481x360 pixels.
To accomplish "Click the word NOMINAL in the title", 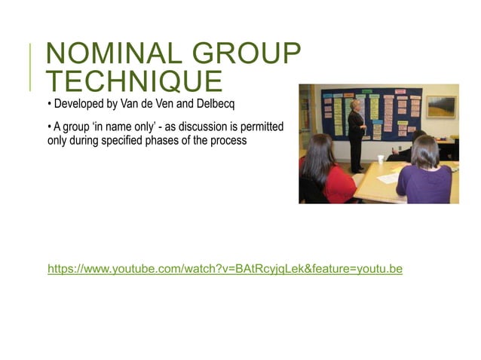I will click(x=105, y=55).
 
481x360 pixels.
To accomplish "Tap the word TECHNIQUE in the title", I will click(x=134, y=81).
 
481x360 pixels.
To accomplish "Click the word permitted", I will click(x=259, y=127).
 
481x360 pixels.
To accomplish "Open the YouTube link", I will click(x=225, y=269).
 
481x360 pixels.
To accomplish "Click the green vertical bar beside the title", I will click(x=31, y=67).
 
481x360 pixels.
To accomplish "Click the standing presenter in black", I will click(x=356, y=130).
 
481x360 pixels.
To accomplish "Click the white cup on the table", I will click(x=381, y=160).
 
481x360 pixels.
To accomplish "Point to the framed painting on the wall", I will click(x=440, y=107).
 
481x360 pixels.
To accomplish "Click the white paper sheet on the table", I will click(x=389, y=178).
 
